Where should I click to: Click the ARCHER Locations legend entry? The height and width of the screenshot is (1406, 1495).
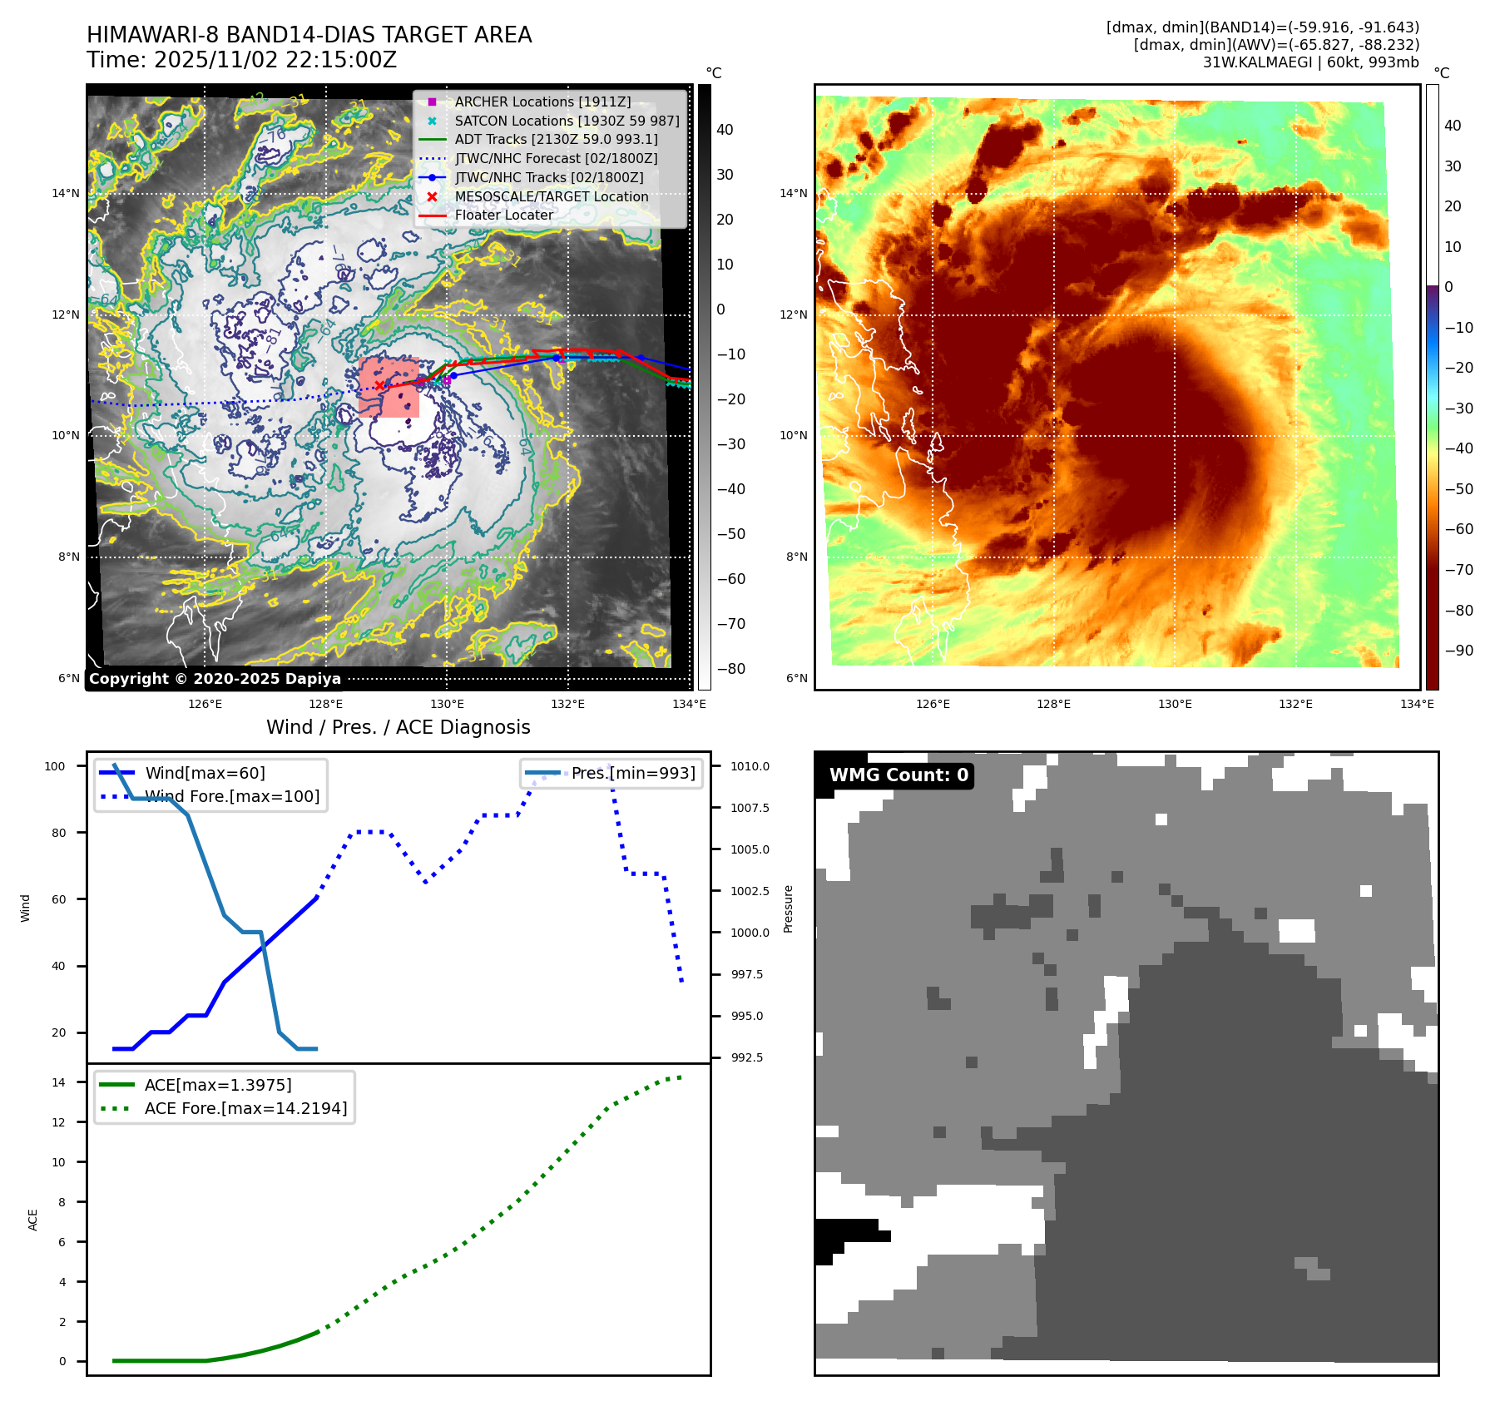542,101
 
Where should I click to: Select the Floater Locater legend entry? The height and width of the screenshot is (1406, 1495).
503,215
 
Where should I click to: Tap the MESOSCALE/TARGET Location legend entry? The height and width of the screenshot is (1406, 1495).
551,196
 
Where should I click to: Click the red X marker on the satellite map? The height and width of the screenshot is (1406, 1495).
379,385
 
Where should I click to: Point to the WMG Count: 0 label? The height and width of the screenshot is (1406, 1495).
898,775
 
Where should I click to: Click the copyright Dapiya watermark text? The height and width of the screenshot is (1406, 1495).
215,679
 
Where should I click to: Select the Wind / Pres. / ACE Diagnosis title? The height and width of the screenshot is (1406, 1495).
398,727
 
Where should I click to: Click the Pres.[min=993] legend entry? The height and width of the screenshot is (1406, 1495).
632,773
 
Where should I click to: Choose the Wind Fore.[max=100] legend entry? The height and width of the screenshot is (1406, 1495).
232,796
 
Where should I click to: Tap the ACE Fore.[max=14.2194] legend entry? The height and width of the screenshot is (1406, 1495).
245,1108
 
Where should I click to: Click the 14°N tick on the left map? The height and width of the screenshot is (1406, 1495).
66,194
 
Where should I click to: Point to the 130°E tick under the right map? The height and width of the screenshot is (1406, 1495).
1175,704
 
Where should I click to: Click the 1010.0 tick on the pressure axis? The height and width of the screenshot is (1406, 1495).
750,766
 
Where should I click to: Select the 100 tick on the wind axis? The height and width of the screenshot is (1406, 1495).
55,766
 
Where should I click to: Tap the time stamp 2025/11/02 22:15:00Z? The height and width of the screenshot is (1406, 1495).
275,61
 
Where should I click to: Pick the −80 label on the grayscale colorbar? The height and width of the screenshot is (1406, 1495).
731,669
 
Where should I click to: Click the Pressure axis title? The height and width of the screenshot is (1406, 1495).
788,908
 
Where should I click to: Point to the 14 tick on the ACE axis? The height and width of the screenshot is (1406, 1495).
59,1082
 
